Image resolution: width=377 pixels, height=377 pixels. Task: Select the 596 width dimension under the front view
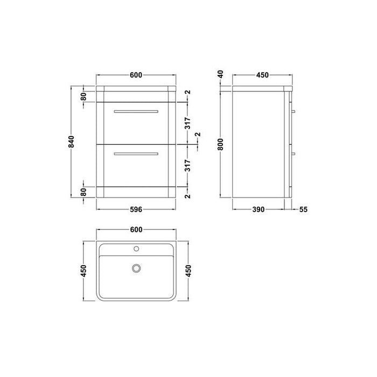click(x=136, y=210)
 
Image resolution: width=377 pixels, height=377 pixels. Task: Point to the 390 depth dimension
click(x=259, y=210)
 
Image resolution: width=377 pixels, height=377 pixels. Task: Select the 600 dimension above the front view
click(x=136, y=75)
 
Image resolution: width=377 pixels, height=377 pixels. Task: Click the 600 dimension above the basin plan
click(x=136, y=230)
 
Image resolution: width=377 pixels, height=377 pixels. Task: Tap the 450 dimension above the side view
click(x=262, y=75)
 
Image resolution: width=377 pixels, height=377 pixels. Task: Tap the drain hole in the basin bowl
click(x=136, y=268)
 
